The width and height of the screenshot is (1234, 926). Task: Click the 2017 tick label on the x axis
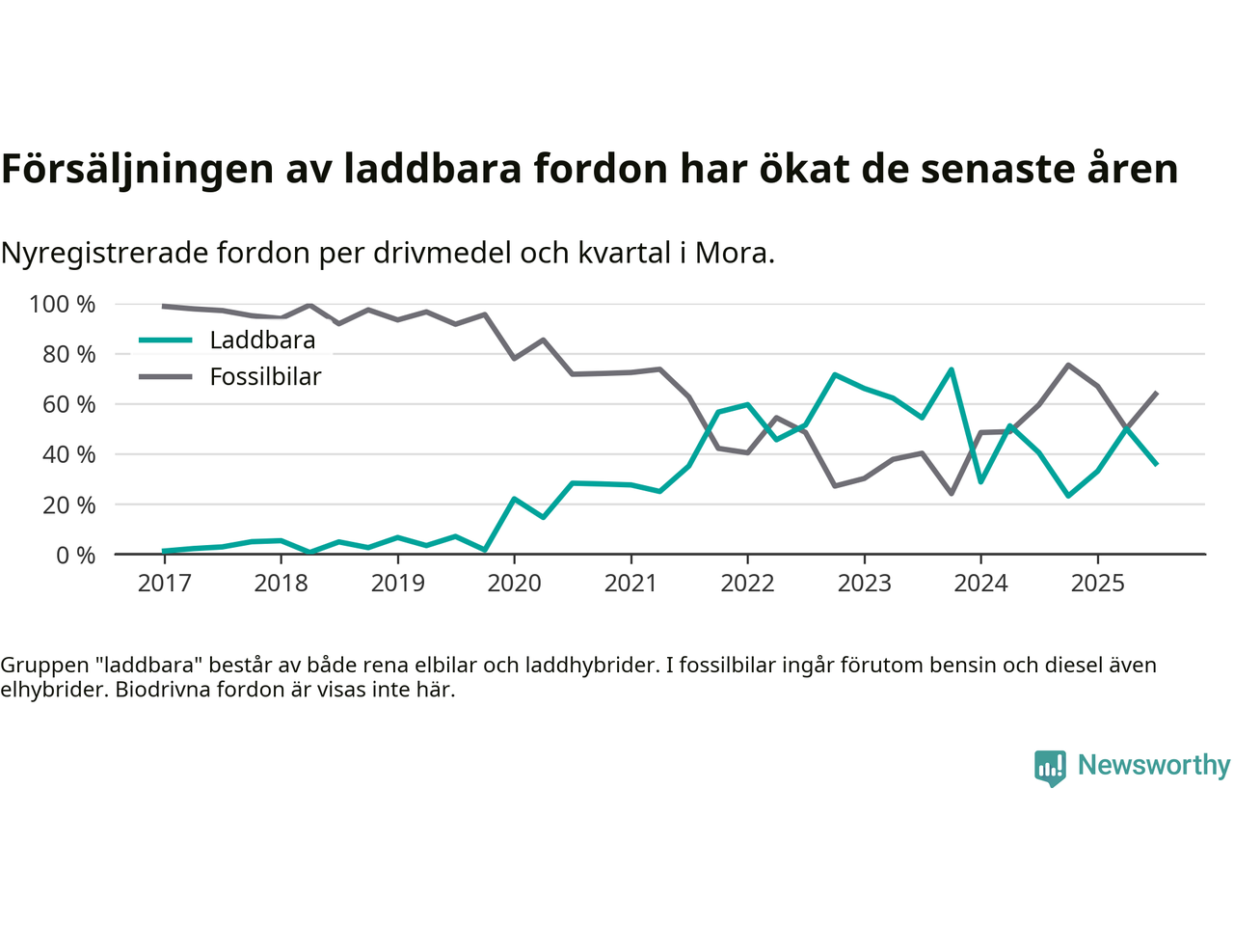pos(164,584)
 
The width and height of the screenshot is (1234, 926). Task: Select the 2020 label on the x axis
pos(514,584)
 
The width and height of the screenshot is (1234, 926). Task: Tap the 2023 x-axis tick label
pos(864,584)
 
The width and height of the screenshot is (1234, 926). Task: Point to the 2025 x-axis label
pos(1097,584)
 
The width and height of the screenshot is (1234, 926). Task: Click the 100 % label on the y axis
pos(63,305)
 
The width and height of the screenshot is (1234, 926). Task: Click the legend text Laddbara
pos(262,340)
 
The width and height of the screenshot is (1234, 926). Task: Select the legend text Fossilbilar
pos(265,377)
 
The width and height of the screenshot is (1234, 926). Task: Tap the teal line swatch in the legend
pos(166,340)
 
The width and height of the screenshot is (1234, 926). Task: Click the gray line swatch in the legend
pos(166,377)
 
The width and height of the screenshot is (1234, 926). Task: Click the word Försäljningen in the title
pos(138,169)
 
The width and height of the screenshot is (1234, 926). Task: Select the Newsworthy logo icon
pos(1050,768)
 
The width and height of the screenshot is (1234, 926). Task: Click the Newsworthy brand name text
pos(1154,765)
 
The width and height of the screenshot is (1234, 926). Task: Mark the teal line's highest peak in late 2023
pos(952,369)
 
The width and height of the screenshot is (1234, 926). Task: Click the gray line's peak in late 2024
pos(1068,365)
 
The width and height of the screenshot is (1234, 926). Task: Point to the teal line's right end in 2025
pos(1156,464)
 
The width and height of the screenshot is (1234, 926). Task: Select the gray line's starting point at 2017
pos(164,306)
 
